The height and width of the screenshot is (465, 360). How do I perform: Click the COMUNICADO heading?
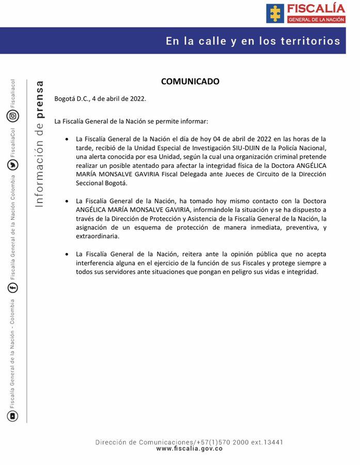pyautogui.click(x=190, y=82)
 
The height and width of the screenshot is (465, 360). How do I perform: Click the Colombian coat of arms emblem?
pyautogui.click(x=275, y=13)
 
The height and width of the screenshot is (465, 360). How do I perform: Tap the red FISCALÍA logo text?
pyautogui.click(x=316, y=8)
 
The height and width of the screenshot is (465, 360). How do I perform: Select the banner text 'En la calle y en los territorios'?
pyautogui.click(x=253, y=41)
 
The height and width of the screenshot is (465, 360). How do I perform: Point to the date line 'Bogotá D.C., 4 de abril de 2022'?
pyautogui.click(x=100, y=99)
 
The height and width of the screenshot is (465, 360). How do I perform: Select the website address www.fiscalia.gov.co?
pyautogui.click(x=189, y=449)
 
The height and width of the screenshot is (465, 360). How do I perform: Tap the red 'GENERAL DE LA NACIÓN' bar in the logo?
pyautogui.click(x=316, y=19)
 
